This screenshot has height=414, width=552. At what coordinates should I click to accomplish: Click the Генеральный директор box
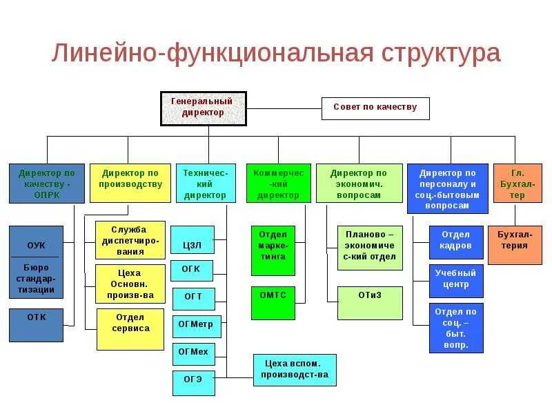(x=203, y=108)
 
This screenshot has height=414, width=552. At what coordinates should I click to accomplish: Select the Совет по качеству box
(x=375, y=108)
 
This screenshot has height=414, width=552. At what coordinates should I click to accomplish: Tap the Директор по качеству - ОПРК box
(x=46, y=183)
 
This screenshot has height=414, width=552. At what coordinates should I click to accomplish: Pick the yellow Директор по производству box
(x=130, y=183)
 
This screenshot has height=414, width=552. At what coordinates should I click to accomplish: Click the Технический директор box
(x=206, y=183)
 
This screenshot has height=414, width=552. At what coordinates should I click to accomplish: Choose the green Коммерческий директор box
(x=278, y=183)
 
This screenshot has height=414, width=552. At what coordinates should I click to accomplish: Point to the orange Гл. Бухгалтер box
(x=517, y=183)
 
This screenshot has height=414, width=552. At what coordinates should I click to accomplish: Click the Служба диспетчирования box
(x=130, y=239)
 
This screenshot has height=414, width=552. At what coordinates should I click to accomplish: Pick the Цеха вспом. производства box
(x=295, y=370)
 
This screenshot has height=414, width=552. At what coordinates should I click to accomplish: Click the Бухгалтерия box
(x=515, y=245)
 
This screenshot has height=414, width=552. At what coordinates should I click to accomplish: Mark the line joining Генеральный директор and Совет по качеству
(x=284, y=108)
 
